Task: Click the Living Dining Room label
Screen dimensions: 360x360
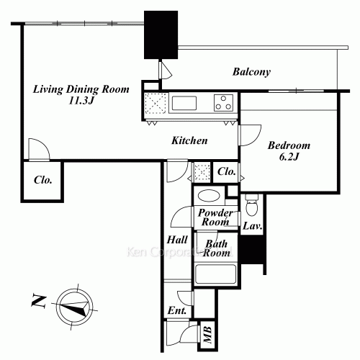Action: click(81, 90)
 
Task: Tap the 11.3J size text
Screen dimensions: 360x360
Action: click(81, 102)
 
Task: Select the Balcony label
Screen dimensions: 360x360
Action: click(251, 72)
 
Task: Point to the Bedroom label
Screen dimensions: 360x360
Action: click(288, 145)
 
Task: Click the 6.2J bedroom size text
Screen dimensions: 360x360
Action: click(288, 157)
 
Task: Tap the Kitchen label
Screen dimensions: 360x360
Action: click(189, 141)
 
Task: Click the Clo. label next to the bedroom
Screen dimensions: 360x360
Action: click(226, 172)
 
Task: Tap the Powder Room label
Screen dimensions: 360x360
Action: click(214, 217)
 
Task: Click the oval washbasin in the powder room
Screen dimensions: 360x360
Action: click(209, 195)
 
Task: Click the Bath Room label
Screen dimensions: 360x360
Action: click(216, 248)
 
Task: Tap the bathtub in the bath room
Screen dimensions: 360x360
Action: click(215, 275)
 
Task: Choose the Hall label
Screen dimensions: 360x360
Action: click(177, 240)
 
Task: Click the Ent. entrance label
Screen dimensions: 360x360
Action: click(177, 311)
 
